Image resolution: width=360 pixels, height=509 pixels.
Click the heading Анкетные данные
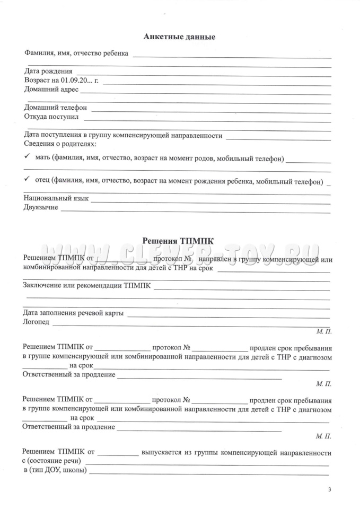pyautogui.click(x=179, y=37)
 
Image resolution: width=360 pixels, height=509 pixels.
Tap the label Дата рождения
pyautogui.click(x=48, y=71)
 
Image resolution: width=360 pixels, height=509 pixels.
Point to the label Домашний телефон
pyautogui.click(x=55, y=108)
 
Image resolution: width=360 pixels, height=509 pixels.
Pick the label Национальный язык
pyautogui.click(x=56, y=198)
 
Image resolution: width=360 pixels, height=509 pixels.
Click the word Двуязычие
pyautogui.click(x=41, y=207)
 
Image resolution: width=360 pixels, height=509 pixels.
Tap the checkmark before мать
pyautogui.click(x=27, y=157)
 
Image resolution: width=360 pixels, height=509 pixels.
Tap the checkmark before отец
pyautogui.click(x=27, y=180)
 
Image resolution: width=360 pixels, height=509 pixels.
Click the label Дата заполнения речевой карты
pyautogui.click(x=73, y=313)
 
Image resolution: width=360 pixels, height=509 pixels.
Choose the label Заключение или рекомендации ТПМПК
pyautogui.click(x=86, y=286)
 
